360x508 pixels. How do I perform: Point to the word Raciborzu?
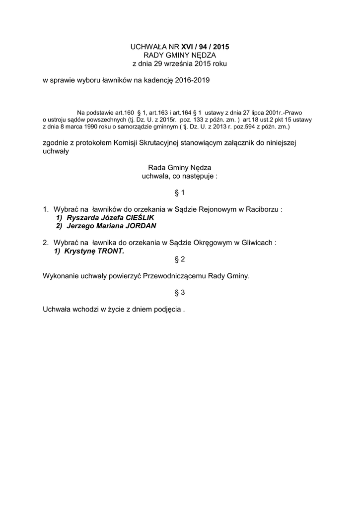261,209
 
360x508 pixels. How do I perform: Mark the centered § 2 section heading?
180,259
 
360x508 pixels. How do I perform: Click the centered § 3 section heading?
180,293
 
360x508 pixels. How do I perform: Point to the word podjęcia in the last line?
168,310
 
